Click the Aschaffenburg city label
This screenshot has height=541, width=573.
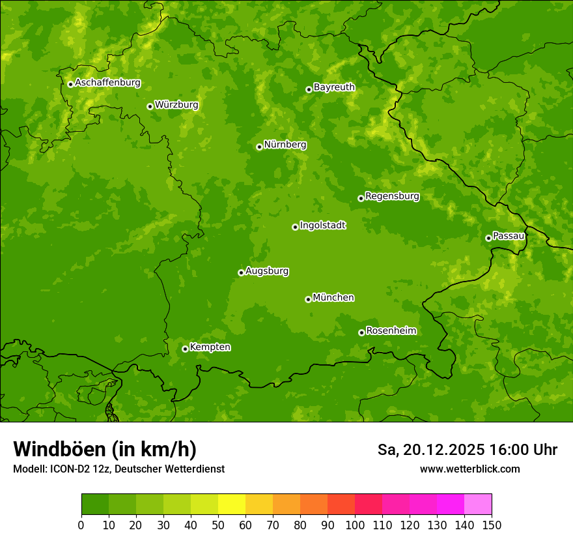pos(107,83)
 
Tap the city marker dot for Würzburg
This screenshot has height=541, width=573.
pos(150,106)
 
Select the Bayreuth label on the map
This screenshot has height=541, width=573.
pos(334,87)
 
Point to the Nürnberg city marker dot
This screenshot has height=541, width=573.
pos(259,147)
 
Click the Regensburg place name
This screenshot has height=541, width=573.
pos(392,196)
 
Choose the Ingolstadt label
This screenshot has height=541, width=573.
pos(322,225)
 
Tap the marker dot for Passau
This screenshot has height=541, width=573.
pos(488,238)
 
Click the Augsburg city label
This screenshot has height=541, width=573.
pos(267,270)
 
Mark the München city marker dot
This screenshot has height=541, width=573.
pos(308,299)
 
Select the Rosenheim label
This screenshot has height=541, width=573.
pos(391,330)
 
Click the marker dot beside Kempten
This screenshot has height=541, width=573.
pos(185,349)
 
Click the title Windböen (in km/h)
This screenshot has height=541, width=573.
pos(105,449)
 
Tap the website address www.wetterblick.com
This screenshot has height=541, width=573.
pos(469,469)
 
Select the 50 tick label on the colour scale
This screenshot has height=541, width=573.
pos(218,525)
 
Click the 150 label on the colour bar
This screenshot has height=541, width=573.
pos(492,525)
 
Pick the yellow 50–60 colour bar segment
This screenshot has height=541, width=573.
pos(232,504)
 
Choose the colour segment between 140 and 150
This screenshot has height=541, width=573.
pos(478,504)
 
